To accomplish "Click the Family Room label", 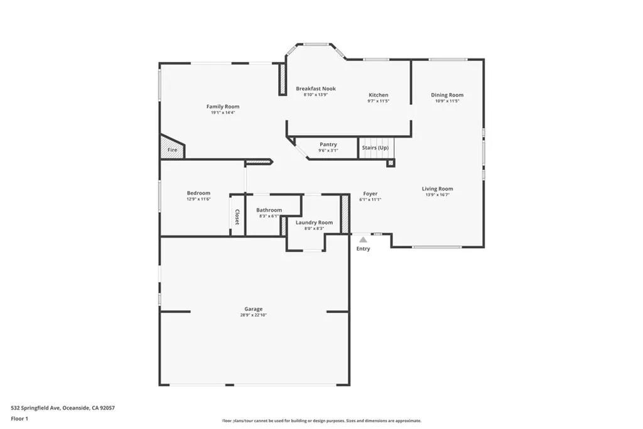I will pyautogui.click(x=223, y=107).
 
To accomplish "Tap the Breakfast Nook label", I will pyautogui.click(x=316, y=89).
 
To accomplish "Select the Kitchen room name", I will pyautogui.click(x=378, y=95).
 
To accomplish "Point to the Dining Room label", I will pyautogui.click(x=447, y=95).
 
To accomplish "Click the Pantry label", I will pyautogui.click(x=328, y=144).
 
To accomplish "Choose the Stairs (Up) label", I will pyautogui.click(x=376, y=148).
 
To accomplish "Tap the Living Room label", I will pyautogui.click(x=437, y=188).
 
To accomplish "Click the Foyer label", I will pyautogui.click(x=370, y=193).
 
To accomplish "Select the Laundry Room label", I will pyautogui.click(x=314, y=222).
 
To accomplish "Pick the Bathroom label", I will pyautogui.click(x=269, y=210).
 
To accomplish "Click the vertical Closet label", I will pyautogui.click(x=237, y=217).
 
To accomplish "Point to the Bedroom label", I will pyautogui.click(x=198, y=193).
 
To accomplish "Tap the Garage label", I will pyautogui.click(x=254, y=308).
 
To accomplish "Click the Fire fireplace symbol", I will pyautogui.click(x=172, y=150).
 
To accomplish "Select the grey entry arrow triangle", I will pyautogui.click(x=363, y=239).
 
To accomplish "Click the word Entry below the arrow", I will pyautogui.click(x=363, y=249).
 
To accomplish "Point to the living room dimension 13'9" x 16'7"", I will pyautogui.click(x=437, y=195).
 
